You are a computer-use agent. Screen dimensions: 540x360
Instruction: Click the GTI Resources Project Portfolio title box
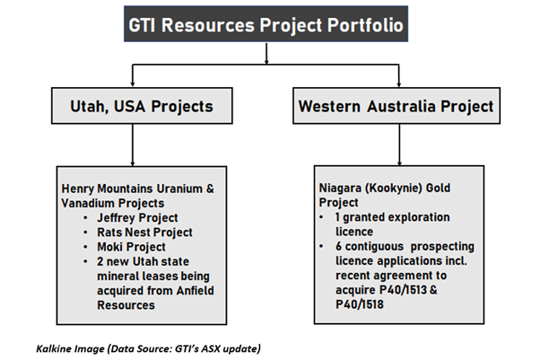[266, 24]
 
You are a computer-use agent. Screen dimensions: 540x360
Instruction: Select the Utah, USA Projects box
[142, 106]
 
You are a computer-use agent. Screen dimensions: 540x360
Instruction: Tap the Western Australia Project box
[396, 106]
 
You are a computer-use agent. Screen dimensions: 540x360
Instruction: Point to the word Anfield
[195, 290]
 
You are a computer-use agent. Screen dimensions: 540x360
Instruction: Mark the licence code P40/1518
[360, 304]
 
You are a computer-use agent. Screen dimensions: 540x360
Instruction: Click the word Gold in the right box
[438, 188]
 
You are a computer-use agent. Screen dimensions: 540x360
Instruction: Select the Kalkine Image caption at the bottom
[148, 348]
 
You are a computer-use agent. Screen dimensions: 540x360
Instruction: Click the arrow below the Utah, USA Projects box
[133, 145]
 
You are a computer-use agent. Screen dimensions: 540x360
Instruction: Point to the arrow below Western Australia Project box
[399, 145]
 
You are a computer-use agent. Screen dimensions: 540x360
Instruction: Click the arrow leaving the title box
[266, 54]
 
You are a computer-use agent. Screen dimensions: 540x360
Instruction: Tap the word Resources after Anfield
[126, 305]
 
